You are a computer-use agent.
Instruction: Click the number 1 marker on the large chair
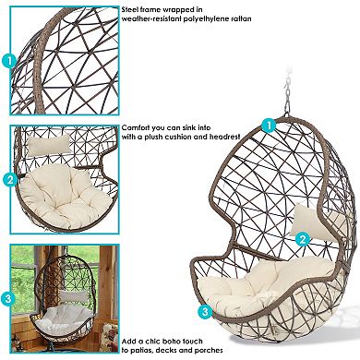coord(269,125)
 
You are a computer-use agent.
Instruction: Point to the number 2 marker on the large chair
coord(302,237)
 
